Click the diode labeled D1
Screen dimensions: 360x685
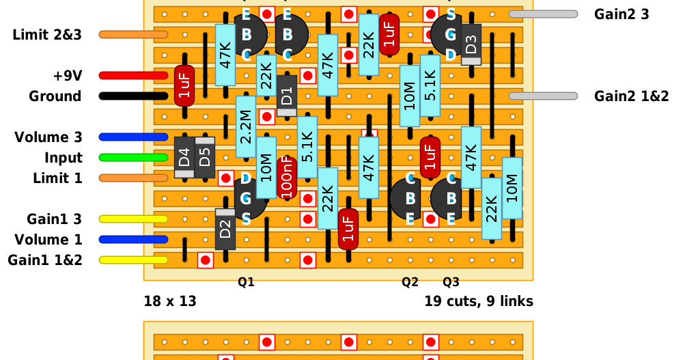tap(287, 95)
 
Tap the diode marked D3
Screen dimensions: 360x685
tap(471, 44)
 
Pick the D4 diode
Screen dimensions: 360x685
tap(184, 157)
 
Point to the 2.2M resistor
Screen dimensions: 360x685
tap(246, 127)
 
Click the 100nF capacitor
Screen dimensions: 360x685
tap(287, 178)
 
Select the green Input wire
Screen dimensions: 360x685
tap(133, 158)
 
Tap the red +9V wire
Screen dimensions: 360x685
tap(133, 76)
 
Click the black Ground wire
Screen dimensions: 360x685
tap(133, 96)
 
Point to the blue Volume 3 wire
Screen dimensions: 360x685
tap(133, 137)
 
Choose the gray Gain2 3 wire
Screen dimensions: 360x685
tap(543, 14)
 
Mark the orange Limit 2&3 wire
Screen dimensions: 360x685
tap(133, 35)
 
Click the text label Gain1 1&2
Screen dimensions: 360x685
tap(45, 260)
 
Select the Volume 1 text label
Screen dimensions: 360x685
tap(48, 240)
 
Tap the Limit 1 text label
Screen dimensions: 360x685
tap(57, 178)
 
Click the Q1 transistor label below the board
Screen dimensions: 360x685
tap(246, 281)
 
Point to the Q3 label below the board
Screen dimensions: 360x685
tap(451, 281)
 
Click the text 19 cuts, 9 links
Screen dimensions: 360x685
tap(478, 301)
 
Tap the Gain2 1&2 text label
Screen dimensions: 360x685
tap(631, 96)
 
